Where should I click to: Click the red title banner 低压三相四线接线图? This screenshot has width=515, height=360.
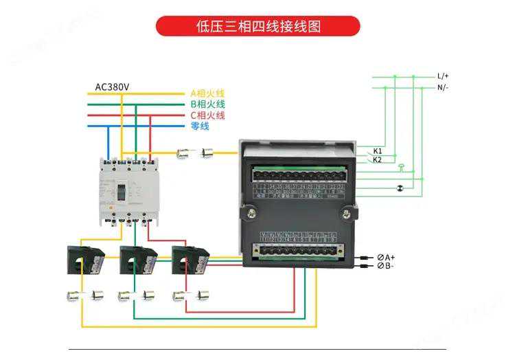(x=257, y=26)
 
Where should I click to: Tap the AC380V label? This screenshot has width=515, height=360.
(x=113, y=87)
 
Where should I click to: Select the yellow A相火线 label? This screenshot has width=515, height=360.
(x=207, y=93)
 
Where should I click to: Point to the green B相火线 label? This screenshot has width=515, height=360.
(x=207, y=104)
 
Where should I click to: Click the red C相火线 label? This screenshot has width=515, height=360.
(x=207, y=115)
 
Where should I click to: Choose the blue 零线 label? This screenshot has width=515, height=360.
(x=200, y=126)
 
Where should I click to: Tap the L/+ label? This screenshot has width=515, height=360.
(x=443, y=76)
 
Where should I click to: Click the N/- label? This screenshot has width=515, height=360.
(x=443, y=87)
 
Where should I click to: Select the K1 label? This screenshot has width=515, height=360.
(x=378, y=150)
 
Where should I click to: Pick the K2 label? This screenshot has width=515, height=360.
(x=378, y=159)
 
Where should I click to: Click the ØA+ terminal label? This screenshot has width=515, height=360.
(x=386, y=257)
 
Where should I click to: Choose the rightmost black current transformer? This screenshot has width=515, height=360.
(x=188, y=259)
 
